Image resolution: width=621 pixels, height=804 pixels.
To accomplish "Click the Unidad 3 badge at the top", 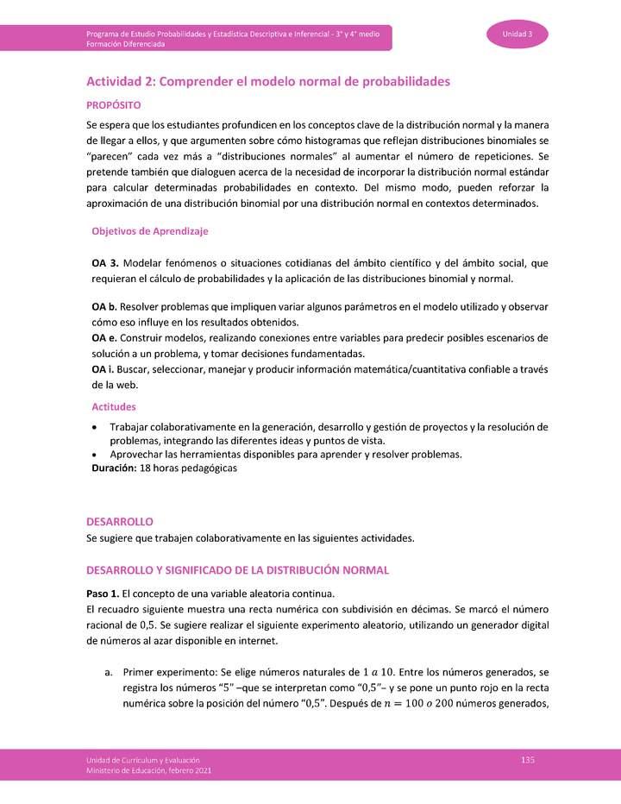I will coord(517,34).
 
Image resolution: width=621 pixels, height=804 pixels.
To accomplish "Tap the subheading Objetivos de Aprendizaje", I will coord(149,231).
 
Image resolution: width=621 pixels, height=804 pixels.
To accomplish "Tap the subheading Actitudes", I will coord(113,406).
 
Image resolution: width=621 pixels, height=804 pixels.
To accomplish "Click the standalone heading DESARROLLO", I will coord(120,522).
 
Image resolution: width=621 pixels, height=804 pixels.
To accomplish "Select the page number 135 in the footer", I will coord(529,758).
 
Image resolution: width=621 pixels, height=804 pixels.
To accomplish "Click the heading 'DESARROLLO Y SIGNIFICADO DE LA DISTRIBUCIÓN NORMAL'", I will coord(237,570).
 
